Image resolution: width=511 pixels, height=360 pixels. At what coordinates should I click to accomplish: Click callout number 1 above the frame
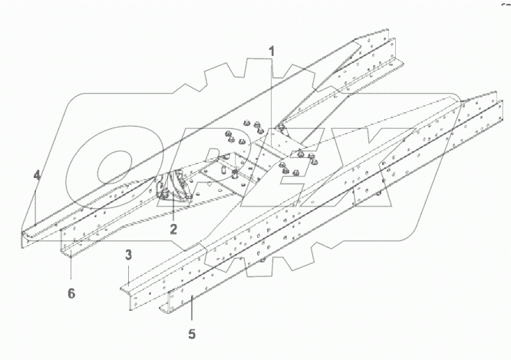pyautogui.click(x=271, y=51)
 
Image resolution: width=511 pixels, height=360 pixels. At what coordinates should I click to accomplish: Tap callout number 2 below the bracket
pyautogui.click(x=174, y=228)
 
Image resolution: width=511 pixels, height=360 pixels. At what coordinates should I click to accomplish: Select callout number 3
pyautogui.click(x=129, y=254)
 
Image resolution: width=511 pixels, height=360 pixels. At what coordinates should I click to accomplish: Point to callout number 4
pyautogui.click(x=37, y=177)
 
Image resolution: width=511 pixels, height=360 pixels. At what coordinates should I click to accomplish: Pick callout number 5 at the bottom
pyautogui.click(x=192, y=334)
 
